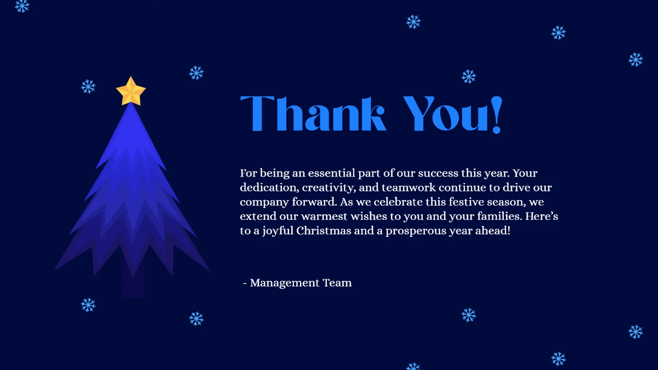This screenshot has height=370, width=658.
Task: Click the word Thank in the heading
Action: [x=313, y=113]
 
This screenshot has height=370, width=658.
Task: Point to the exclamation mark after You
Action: [x=496, y=115]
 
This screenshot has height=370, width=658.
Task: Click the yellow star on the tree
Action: [x=131, y=92]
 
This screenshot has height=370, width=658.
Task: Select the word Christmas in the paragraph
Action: [x=324, y=230]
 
